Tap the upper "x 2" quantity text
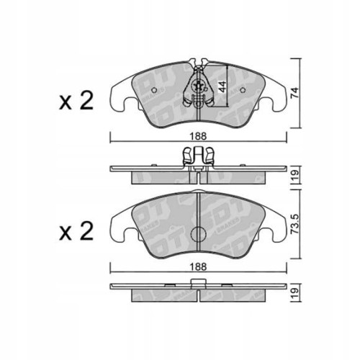pos(75,101)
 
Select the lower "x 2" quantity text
pos(75,231)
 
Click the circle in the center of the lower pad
pos(198,235)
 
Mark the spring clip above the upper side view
pos(198,154)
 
